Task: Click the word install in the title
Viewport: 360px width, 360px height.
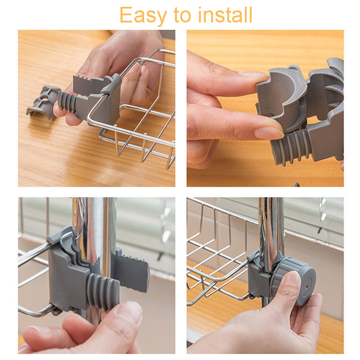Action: (x=225, y=15)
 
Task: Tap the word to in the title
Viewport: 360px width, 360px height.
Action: (x=182, y=15)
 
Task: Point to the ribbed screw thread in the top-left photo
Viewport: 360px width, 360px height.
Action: (x=67, y=102)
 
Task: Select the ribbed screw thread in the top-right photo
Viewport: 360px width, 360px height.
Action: (x=291, y=147)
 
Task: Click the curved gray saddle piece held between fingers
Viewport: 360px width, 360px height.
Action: (x=281, y=96)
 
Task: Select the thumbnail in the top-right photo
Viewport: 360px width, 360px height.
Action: (x=269, y=133)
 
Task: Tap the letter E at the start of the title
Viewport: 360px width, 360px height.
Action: (x=126, y=15)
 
